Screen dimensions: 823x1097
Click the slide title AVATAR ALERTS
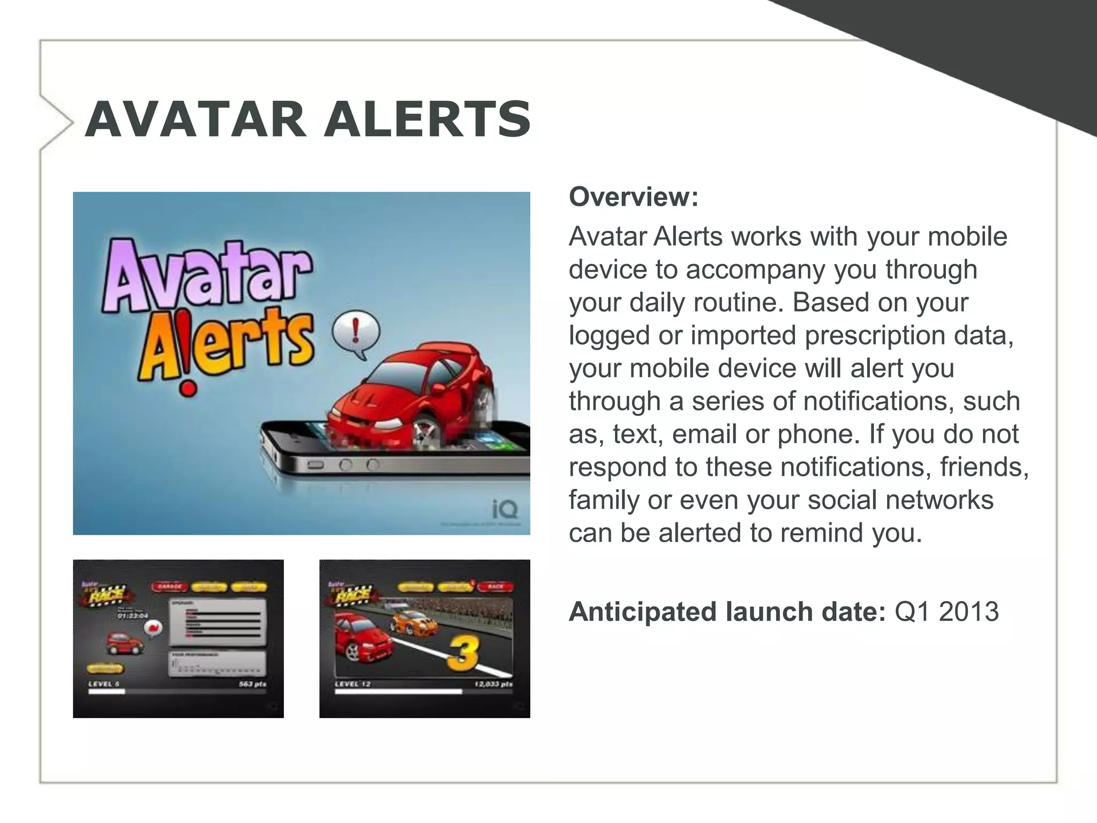coord(307,119)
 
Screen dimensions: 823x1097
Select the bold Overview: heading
coord(634,197)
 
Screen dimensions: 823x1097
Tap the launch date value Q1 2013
coord(946,611)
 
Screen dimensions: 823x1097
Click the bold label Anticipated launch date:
coord(727,611)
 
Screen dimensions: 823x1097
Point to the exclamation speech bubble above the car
coord(355,334)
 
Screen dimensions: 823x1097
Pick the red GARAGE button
coord(169,587)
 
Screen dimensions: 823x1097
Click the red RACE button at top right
coord(495,587)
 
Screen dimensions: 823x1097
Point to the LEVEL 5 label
coord(104,684)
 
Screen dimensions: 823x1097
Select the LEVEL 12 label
coord(352,684)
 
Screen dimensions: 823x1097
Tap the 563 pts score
coord(252,684)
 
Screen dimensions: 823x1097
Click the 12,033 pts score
coord(493,684)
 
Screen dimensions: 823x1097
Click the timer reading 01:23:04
coord(133,616)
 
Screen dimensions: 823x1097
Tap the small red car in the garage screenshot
coord(124,643)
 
